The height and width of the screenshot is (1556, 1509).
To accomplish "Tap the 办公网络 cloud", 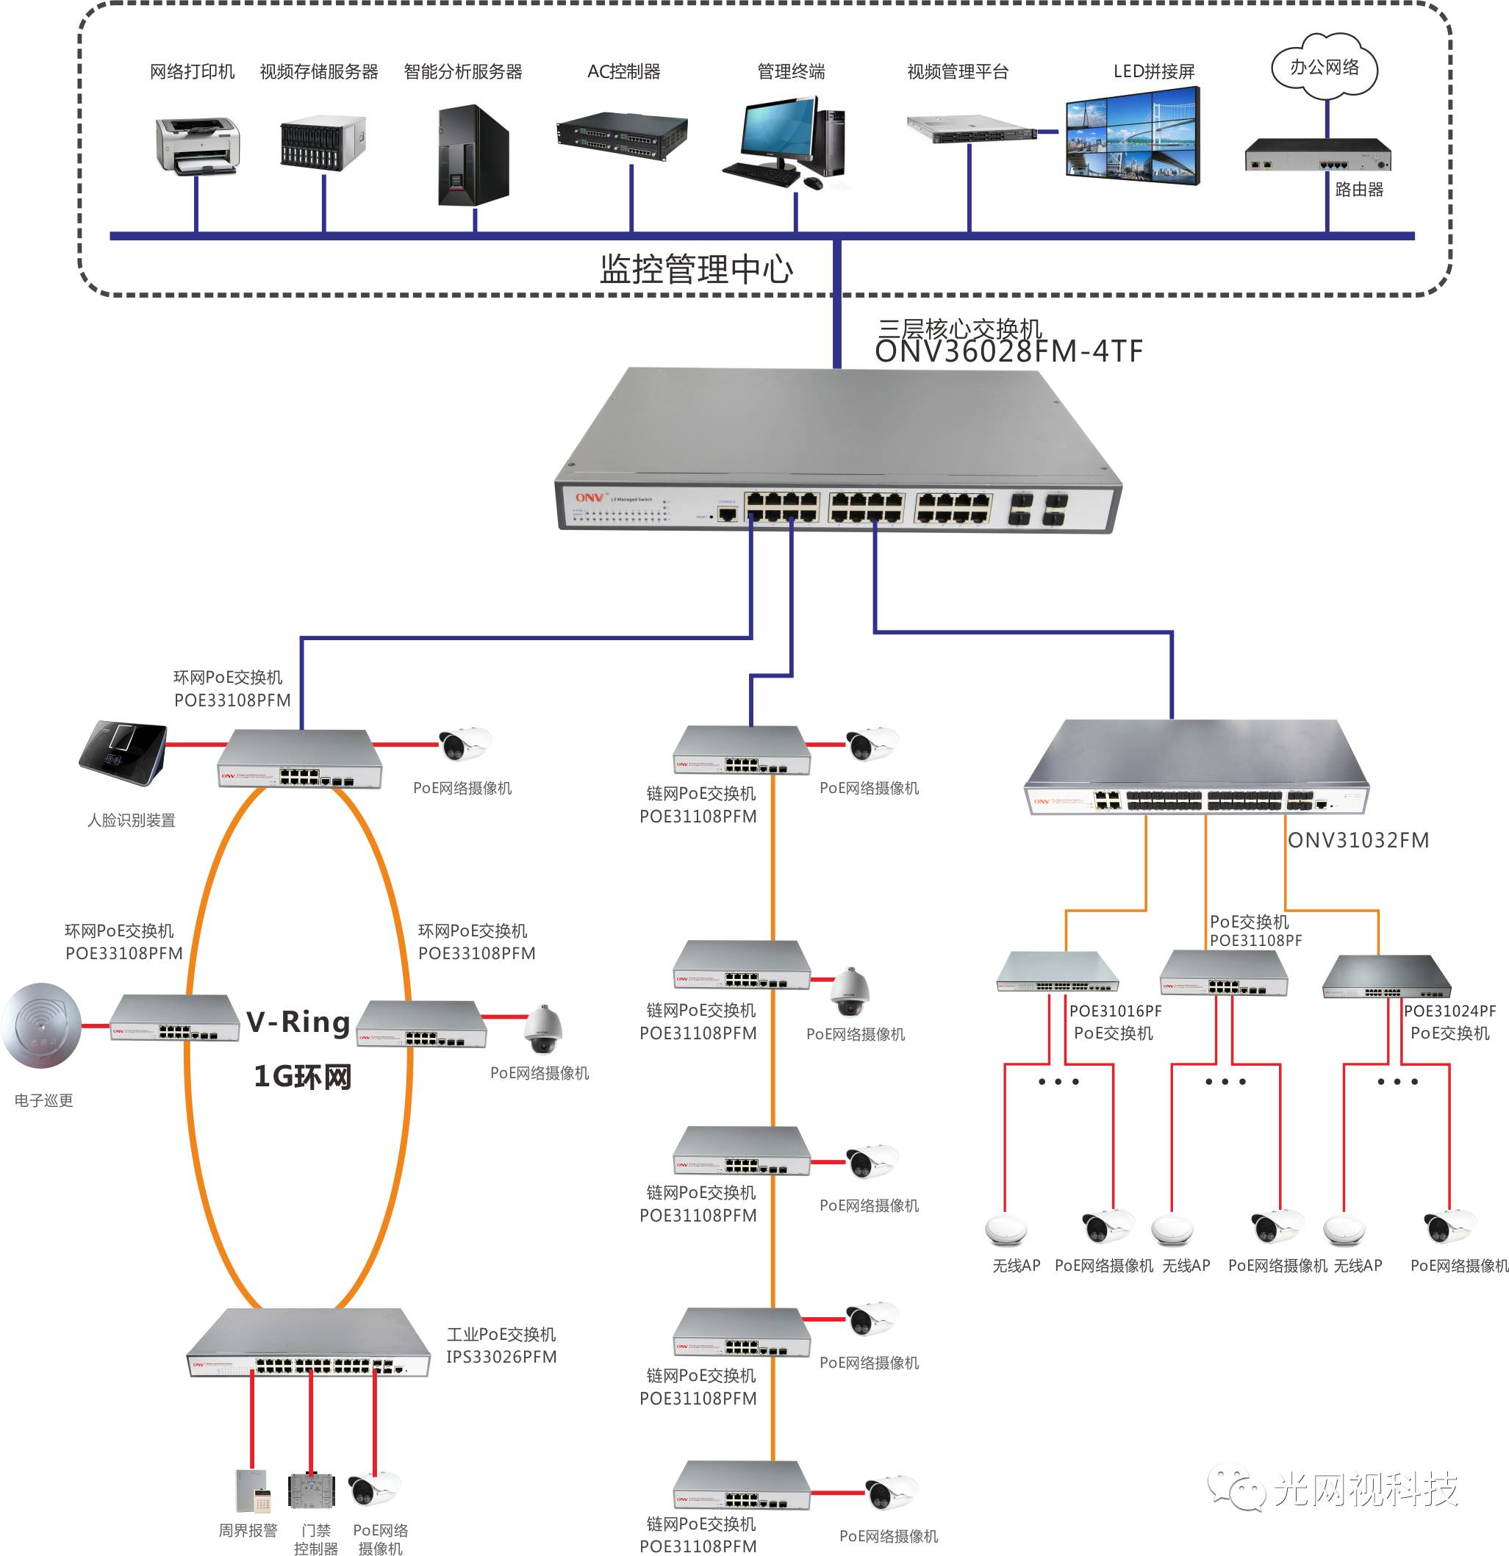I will (1324, 68).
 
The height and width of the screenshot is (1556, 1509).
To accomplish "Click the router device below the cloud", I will (1317, 155).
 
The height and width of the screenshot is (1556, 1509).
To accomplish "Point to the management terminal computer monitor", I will (778, 131).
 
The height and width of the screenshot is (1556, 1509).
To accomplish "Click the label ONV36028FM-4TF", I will (1008, 351).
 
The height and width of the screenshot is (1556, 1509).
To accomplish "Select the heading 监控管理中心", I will (696, 269).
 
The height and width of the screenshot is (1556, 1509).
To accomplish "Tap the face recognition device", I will (123, 753).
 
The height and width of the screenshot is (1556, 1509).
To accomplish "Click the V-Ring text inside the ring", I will (298, 1022).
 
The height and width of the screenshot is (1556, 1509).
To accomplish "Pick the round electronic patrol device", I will (41, 1025).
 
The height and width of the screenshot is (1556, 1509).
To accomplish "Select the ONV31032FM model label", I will (1358, 840).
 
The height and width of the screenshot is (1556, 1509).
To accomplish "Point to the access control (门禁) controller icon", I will (312, 1491).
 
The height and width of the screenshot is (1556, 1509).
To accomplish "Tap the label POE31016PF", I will (1115, 1011).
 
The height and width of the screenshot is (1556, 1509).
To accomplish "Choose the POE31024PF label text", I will (1449, 1011).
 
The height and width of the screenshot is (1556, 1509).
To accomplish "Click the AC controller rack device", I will (622, 136).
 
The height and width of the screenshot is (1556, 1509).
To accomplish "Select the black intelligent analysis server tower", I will (473, 156).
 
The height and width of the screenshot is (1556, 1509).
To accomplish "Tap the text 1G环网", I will (302, 1077).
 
